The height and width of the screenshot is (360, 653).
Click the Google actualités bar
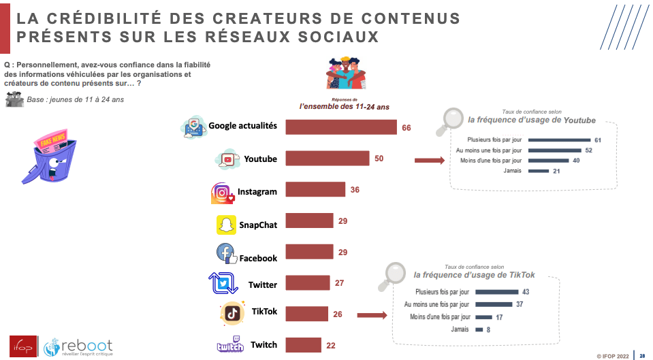click(x=340, y=127)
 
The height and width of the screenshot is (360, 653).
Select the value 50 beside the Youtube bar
click(x=379, y=159)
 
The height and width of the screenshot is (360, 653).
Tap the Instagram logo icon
click(x=222, y=193)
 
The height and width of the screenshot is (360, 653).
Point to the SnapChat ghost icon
click(x=226, y=225)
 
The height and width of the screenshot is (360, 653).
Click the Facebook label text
click(x=258, y=259)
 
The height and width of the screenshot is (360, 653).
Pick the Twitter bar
click(x=307, y=282)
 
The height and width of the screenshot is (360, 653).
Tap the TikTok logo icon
click(x=232, y=312)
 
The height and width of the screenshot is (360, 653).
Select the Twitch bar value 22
click(x=331, y=345)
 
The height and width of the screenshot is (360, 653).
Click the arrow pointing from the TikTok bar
click(x=371, y=315)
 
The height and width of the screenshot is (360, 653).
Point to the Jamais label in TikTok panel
click(x=460, y=329)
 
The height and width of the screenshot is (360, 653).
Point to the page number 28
click(x=641, y=355)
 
